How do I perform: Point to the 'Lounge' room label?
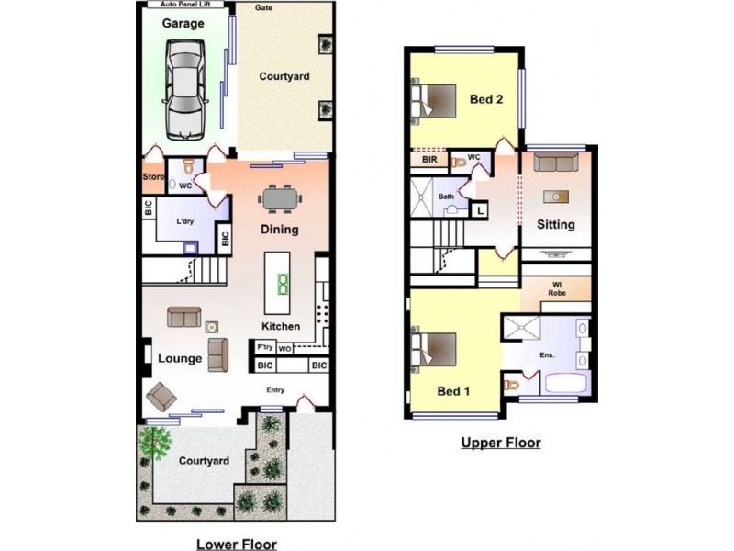tap(179, 358)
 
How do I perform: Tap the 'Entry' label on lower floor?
tap(274, 390)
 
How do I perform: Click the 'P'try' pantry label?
tap(265, 347)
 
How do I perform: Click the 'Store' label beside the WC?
tap(153, 176)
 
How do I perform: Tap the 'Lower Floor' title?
tap(237, 544)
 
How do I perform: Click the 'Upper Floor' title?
tap(500, 443)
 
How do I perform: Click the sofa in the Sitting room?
tap(554, 163)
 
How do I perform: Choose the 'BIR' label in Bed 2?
tap(429, 160)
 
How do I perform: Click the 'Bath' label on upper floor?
tap(446, 196)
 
